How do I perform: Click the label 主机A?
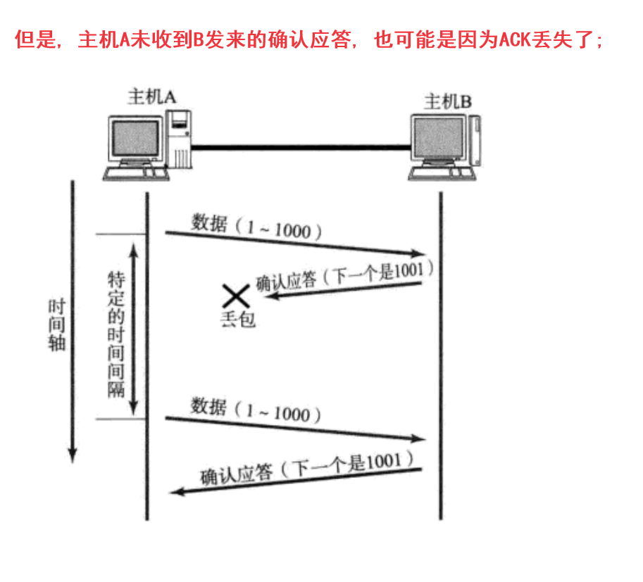pos(151,96)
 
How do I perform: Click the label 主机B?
pos(448,101)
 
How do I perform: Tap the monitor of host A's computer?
pos(136,138)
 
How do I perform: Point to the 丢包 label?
pos(238,320)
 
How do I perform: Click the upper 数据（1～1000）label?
pos(256,227)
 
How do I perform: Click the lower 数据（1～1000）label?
pos(256,410)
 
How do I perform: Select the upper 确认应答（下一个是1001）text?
pos(344,277)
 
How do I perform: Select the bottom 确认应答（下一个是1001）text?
pos(306,469)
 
